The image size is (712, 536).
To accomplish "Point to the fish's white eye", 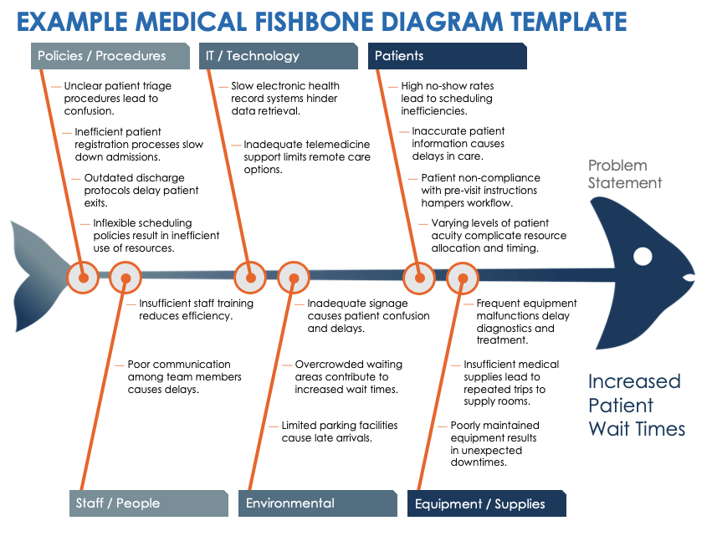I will click(x=643, y=256).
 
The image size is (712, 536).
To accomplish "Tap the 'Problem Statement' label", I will click(x=624, y=174).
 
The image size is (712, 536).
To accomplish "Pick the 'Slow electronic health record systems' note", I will click(x=284, y=98).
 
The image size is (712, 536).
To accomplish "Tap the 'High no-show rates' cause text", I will click(x=447, y=98).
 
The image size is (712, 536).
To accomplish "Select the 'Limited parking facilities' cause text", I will click(x=327, y=431).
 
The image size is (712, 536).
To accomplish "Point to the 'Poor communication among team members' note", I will click(x=184, y=376).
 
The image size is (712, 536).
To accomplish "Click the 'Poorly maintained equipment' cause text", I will click(x=494, y=444).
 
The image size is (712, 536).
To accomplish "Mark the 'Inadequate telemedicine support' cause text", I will click(x=306, y=156).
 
